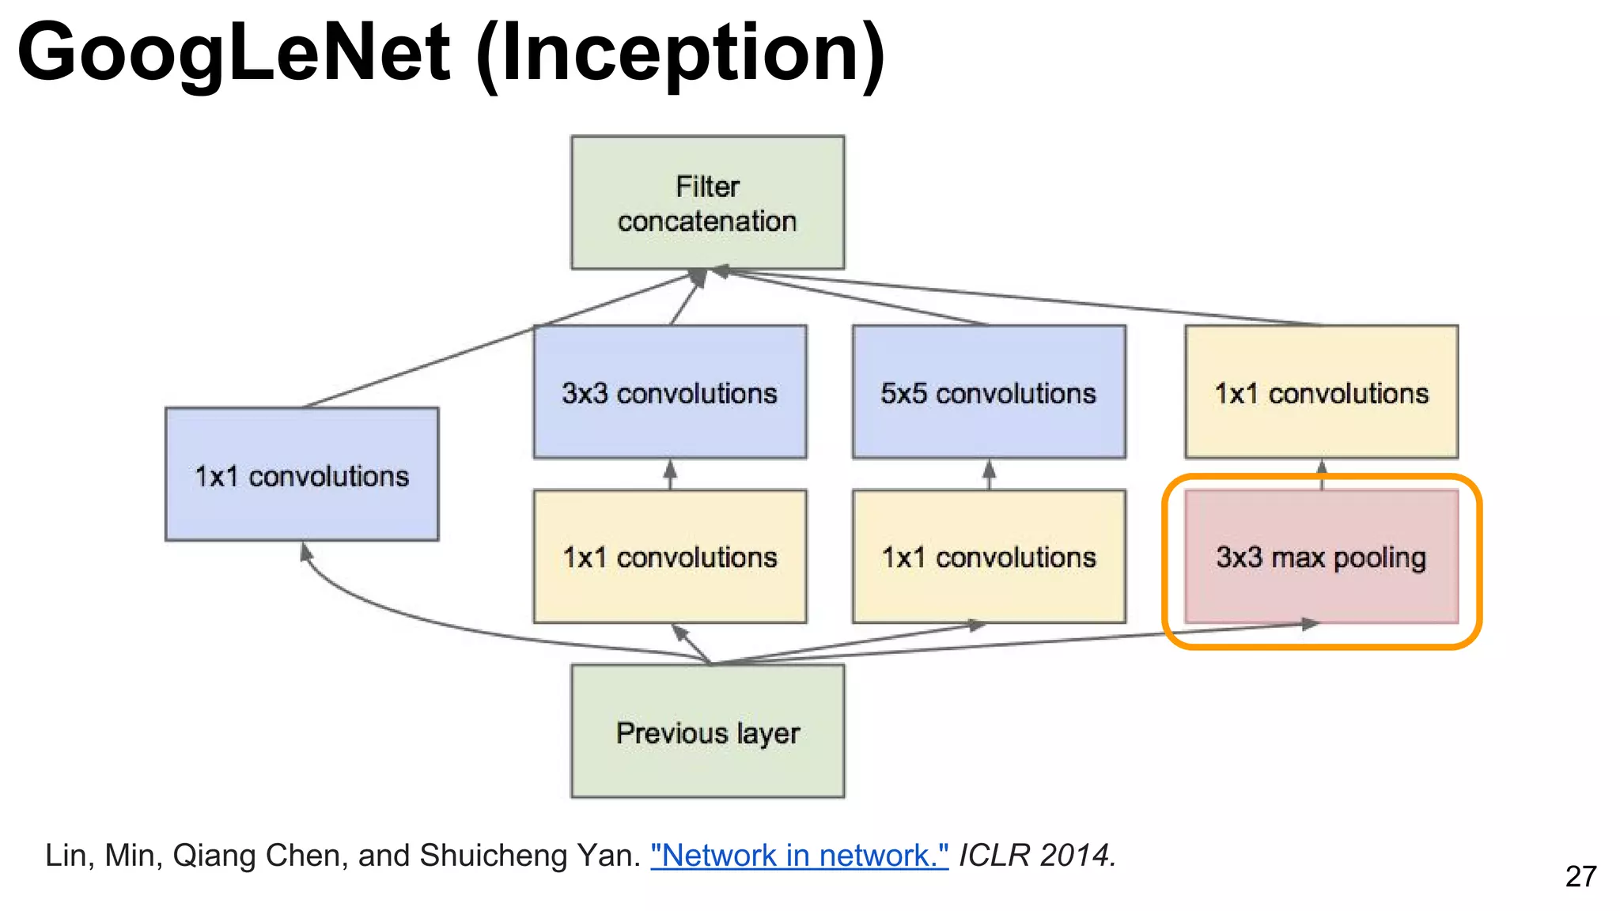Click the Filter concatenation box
[707, 202]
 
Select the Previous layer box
[707, 731]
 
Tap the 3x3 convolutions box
[669, 392]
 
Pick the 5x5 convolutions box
[988, 392]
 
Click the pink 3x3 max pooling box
[1321, 558]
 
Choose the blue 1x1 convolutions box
[301, 474]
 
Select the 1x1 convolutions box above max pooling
[1321, 392]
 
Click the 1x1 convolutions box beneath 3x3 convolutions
[669, 558]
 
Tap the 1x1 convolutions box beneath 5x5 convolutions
[988, 558]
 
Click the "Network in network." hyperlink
[799, 856]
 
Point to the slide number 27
[1580, 876]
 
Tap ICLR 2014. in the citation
[1037, 856]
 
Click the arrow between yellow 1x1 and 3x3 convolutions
[670, 474]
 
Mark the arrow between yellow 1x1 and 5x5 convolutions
[989, 474]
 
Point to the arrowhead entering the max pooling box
[1309, 624]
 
